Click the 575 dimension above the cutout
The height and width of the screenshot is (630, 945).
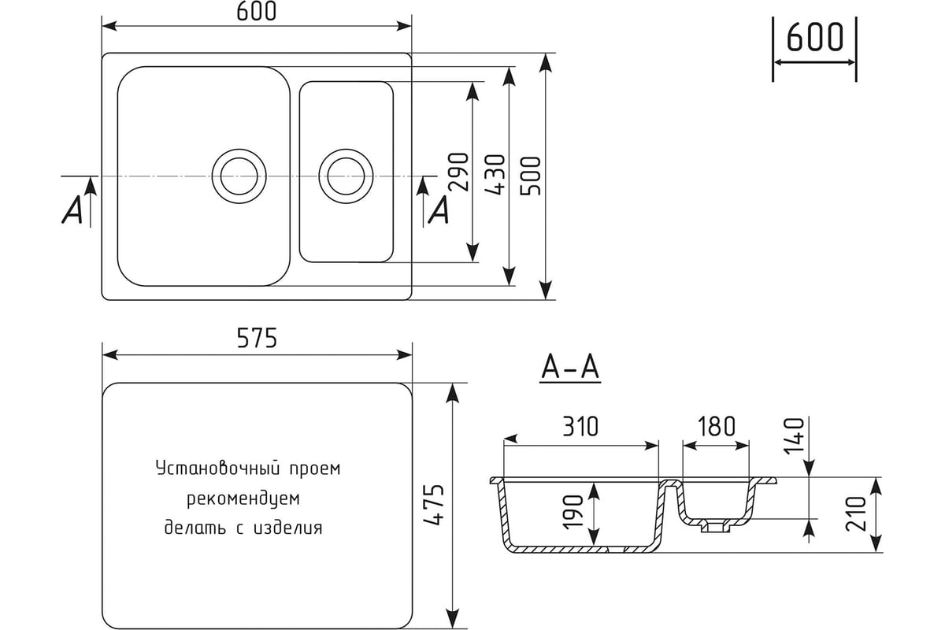[257, 338]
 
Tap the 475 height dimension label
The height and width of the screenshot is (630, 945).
[434, 505]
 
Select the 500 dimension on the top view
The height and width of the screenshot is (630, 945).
[531, 176]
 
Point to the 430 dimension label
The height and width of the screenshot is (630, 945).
[495, 175]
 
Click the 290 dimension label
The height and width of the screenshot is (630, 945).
[459, 172]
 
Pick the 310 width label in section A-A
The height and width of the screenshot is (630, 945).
[580, 427]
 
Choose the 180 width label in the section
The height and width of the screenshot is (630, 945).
[717, 427]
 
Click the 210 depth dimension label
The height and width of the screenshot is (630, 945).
[856, 513]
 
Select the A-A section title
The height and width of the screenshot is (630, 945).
[570, 367]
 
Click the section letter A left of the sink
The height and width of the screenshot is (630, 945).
[72, 209]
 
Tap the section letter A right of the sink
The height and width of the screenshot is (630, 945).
[439, 209]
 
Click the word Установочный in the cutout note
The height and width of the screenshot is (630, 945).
[219, 469]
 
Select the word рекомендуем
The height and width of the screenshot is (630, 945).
[243, 498]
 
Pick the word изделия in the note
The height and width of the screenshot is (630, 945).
[288, 528]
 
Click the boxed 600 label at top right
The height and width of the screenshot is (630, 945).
[814, 37]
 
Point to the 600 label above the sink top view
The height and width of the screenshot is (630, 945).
[257, 11]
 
